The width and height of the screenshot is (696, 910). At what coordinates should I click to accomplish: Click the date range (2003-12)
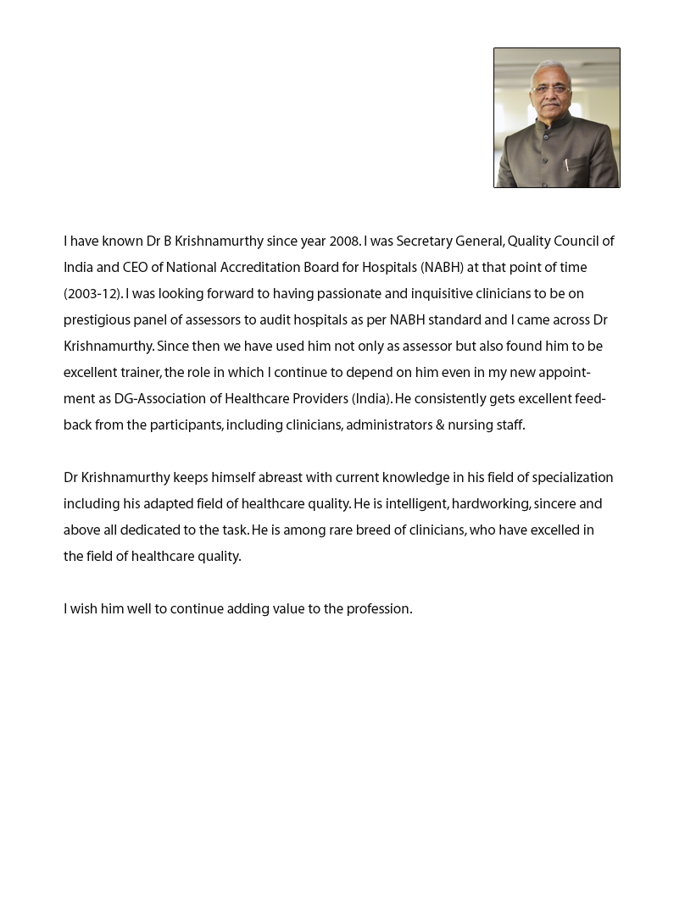click(x=92, y=295)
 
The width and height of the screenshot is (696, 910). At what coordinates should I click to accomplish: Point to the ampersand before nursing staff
click(x=441, y=426)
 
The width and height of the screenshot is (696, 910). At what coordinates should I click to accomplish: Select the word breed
click(x=377, y=531)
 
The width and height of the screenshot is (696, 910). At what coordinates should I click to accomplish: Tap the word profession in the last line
click(x=378, y=610)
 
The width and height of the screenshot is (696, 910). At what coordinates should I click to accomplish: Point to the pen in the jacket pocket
click(x=567, y=164)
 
